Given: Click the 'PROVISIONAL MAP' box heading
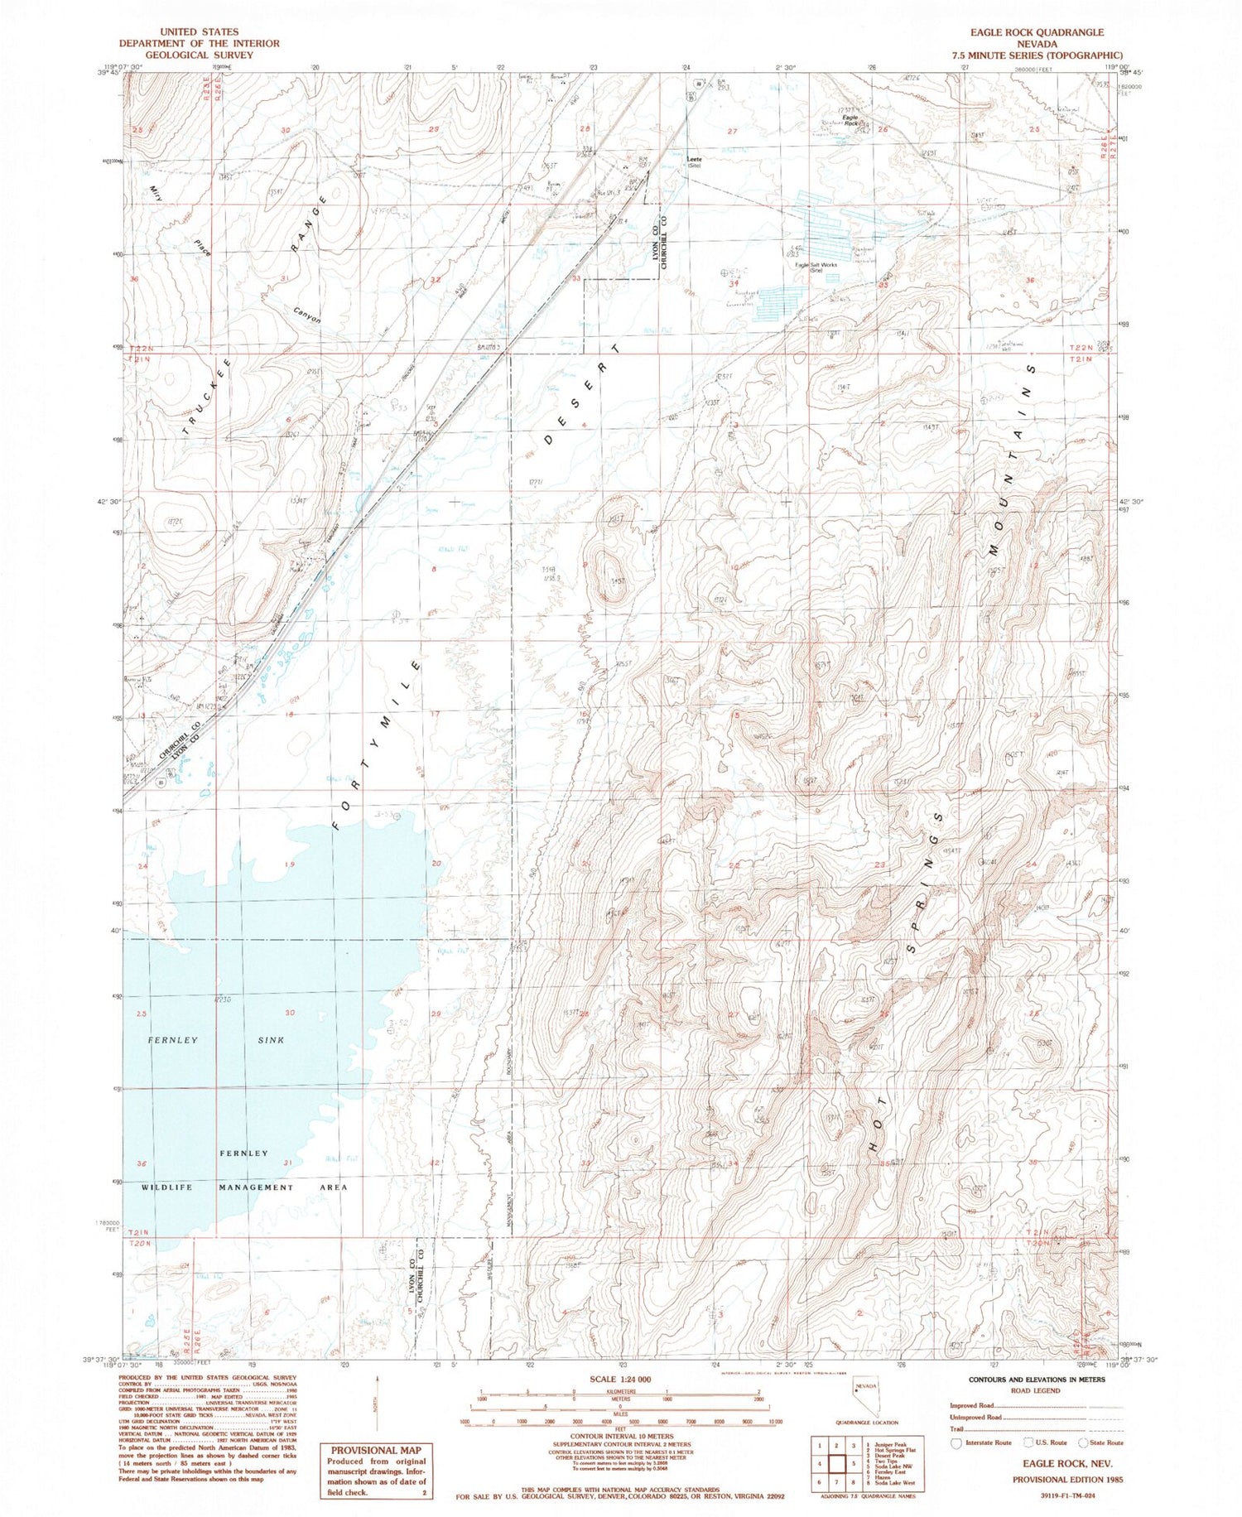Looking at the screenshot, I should (374, 1450).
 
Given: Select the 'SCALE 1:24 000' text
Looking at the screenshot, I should (619, 1380).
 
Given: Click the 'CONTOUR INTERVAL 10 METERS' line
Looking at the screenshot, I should (620, 1436).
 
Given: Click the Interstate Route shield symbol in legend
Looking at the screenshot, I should (956, 1442).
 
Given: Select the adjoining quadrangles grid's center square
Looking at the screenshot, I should (835, 1463).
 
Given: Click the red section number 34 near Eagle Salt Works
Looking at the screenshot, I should (732, 284).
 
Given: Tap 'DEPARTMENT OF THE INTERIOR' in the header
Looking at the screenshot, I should (199, 43).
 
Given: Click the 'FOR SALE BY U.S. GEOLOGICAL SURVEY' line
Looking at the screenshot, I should (620, 1497).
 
